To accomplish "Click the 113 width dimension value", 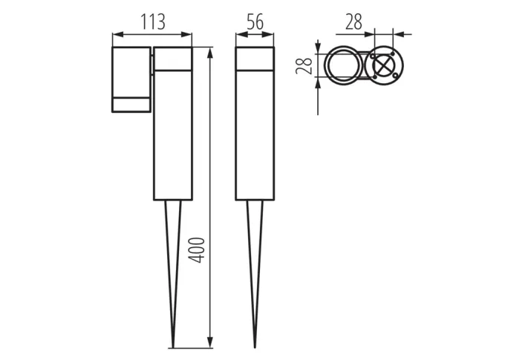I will click(x=152, y=22).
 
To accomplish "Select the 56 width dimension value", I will click(x=255, y=22).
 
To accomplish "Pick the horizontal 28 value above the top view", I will click(x=353, y=22).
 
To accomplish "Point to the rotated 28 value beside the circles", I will click(x=303, y=67).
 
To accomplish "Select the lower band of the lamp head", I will click(x=131, y=105).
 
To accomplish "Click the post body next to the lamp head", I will click(x=173, y=134).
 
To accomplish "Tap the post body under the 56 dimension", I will click(x=255, y=134).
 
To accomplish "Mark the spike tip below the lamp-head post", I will click(x=173, y=345).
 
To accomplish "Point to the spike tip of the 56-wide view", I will click(x=255, y=345).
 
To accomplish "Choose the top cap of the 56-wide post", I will click(x=255, y=59).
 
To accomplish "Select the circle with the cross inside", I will click(x=383, y=67).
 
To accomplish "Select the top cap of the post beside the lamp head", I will click(x=173, y=59).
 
